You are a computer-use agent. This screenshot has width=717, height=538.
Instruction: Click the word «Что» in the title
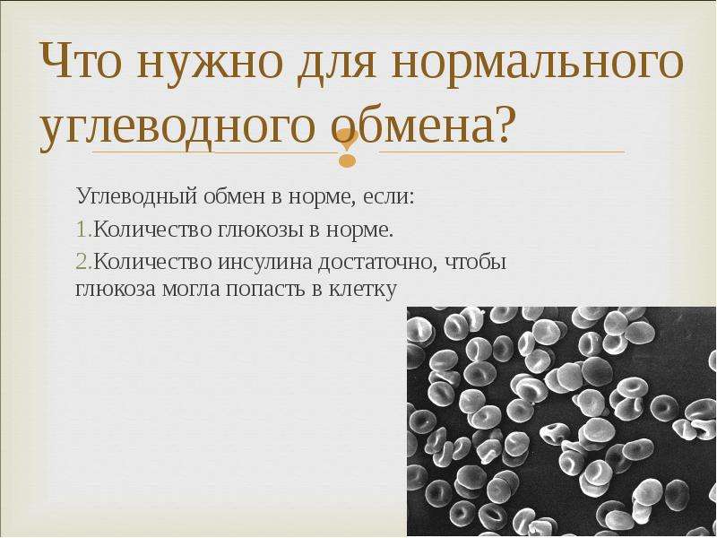click(86, 60)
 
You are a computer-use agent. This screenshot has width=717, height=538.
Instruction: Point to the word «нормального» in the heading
click(537, 64)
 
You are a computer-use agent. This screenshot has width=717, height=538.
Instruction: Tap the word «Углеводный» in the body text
click(137, 197)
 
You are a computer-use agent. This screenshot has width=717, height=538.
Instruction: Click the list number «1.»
click(84, 230)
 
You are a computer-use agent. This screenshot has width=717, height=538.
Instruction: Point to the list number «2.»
click(84, 263)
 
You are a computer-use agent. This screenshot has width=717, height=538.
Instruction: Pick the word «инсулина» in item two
click(265, 263)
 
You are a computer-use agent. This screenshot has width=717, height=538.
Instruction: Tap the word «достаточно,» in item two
click(379, 263)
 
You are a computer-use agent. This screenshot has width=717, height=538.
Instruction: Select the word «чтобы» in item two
click(476, 262)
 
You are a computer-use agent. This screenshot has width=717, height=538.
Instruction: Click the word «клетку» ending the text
click(362, 290)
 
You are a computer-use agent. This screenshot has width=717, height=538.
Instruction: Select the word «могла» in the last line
click(191, 290)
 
